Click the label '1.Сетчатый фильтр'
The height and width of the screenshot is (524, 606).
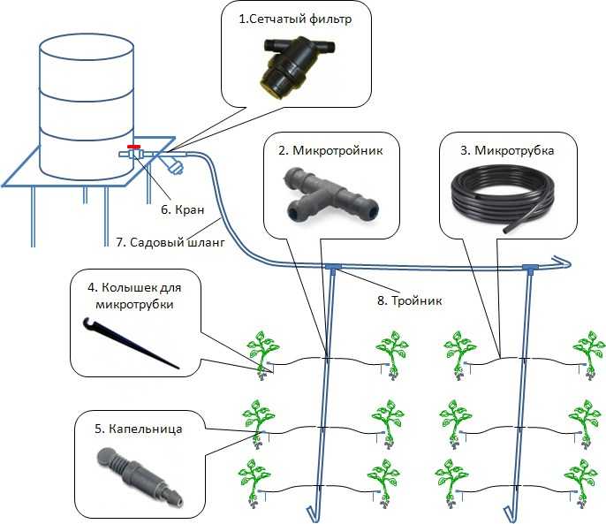pyautogui.click(x=295, y=19)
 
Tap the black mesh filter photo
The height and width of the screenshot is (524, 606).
pyautogui.click(x=297, y=65)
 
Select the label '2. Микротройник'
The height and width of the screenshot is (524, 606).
pyautogui.click(x=330, y=150)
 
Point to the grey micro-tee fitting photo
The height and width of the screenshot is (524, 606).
pyautogui.click(x=330, y=194)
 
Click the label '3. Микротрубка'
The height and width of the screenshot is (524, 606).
pyautogui.click(x=507, y=150)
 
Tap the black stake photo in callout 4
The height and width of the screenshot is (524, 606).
pyautogui.click(x=131, y=343)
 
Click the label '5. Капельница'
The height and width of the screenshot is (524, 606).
pyautogui.click(x=139, y=429)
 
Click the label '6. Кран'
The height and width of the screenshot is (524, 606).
pyautogui.click(x=182, y=209)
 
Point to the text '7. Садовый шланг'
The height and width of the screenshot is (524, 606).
pyautogui.click(x=170, y=242)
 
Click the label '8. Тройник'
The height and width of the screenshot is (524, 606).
pyautogui.click(x=409, y=300)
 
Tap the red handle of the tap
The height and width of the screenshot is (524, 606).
pyautogui.click(x=133, y=147)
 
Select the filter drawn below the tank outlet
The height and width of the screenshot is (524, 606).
pyautogui.click(x=173, y=164)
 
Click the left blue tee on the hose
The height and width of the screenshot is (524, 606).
pyautogui.click(x=332, y=268)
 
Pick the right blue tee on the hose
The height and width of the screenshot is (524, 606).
pyautogui.click(x=530, y=269)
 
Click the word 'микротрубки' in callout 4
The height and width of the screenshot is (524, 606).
pyautogui.click(x=134, y=304)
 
